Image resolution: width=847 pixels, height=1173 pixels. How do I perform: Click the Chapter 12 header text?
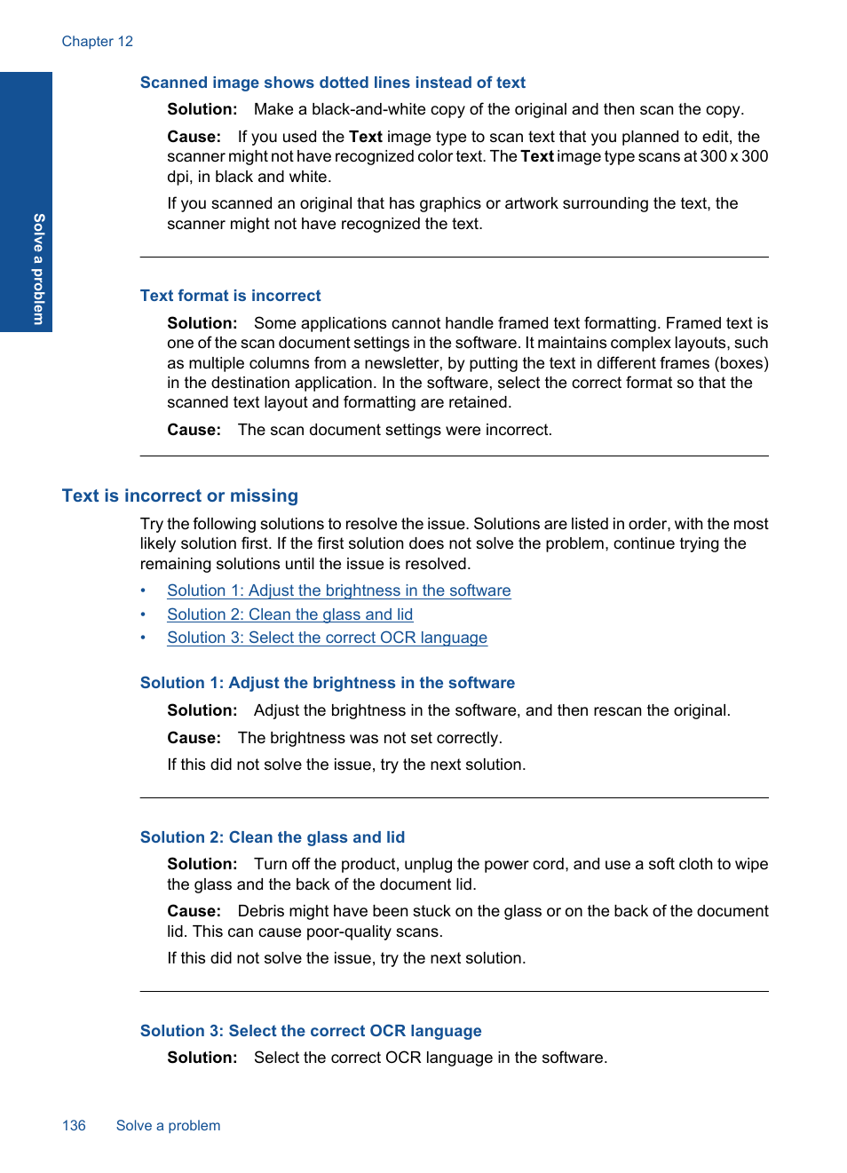coord(97,41)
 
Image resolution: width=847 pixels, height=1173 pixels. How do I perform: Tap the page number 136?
coord(74,1125)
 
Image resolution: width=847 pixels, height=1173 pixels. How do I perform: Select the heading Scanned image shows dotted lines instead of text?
coord(332,83)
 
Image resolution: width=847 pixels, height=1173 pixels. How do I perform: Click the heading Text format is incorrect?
coord(230,296)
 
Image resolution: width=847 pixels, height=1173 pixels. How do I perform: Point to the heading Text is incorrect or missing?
coord(179,495)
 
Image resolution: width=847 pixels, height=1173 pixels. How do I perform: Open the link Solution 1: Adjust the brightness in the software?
coord(338,590)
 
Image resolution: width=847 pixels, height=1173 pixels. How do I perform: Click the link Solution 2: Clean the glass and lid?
coord(289,614)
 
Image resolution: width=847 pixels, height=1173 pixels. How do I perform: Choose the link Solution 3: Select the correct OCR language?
coord(327,638)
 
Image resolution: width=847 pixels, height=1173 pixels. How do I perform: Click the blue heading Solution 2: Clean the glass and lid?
coord(272,837)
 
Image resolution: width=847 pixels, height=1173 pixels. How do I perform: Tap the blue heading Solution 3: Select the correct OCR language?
coord(310,1031)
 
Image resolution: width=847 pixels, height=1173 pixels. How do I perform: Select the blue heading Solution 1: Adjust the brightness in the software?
coord(327,683)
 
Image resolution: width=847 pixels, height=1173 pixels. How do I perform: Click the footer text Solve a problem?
coord(168,1125)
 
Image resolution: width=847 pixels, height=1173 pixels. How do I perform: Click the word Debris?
coord(262,911)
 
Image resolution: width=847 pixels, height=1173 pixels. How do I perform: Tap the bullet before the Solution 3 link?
coord(143,638)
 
